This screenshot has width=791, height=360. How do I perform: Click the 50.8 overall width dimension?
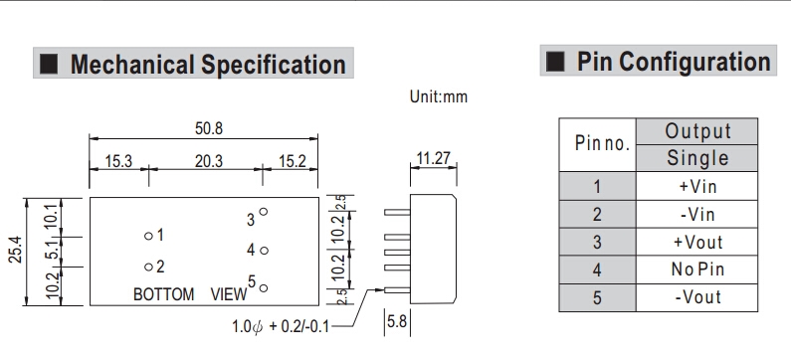[x=208, y=128]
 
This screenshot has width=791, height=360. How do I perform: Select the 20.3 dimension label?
[x=208, y=161]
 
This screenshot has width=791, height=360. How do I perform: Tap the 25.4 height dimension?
[x=16, y=250]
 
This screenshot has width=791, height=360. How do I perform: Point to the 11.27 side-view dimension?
[x=433, y=158]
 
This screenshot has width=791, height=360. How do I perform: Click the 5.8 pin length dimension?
[x=396, y=321]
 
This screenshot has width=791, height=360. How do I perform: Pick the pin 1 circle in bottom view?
[x=148, y=236]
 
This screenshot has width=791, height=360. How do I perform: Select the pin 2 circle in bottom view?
[x=148, y=268]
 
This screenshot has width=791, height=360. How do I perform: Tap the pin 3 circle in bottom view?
[x=263, y=212]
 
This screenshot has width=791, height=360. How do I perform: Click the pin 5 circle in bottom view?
[x=263, y=288]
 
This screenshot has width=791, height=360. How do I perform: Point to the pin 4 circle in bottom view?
[x=263, y=250]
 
